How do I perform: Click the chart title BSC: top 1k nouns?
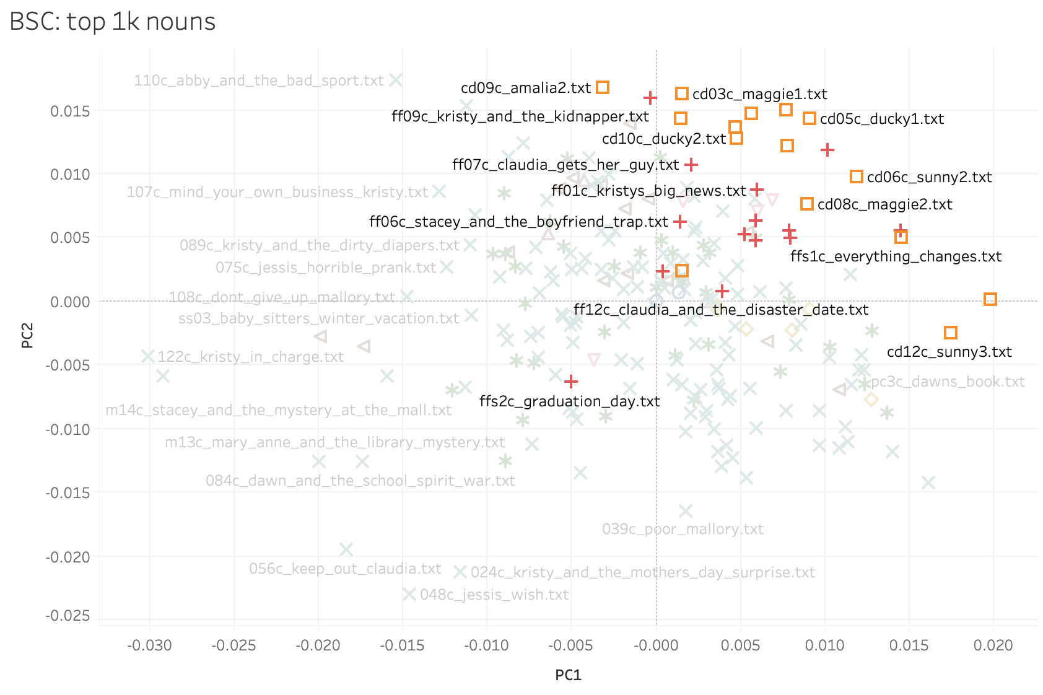pyautogui.click(x=113, y=22)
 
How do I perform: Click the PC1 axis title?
pyautogui.click(x=568, y=675)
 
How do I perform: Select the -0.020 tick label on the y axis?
pyautogui.click(x=68, y=557)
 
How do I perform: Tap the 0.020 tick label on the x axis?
pyautogui.click(x=993, y=645)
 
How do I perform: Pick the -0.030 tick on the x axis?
pyautogui.click(x=149, y=645)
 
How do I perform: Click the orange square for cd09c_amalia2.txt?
pyautogui.click(x=602, y=87)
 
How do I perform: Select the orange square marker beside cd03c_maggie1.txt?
pyautogui.click(x=681, y=94)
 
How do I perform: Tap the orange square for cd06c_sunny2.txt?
pyautogui.click(x=856, y=177)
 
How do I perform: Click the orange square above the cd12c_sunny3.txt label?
pyautogui.click(x=950, y=333)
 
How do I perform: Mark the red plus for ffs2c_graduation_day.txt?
pyautogui.click(x=571, y=381)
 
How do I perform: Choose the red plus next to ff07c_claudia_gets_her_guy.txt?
pyautogui.click(x=691, y=165)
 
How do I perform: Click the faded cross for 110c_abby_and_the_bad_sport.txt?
pyautogui.click(x=396, y=80)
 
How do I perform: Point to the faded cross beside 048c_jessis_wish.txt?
pyautogui.click(x=409, y=594)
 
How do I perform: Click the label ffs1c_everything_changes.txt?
pyautogui.click(x=896, y=256)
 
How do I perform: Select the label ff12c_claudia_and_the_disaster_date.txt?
pyautogui.click(x=721, y=310)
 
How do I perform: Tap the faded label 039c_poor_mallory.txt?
pyautogui.click(x=683, y=529)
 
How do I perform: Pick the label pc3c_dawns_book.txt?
pyautogui.click(x=948, y=382)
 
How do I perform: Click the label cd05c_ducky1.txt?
pyautogui.click(x=882, y=119)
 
